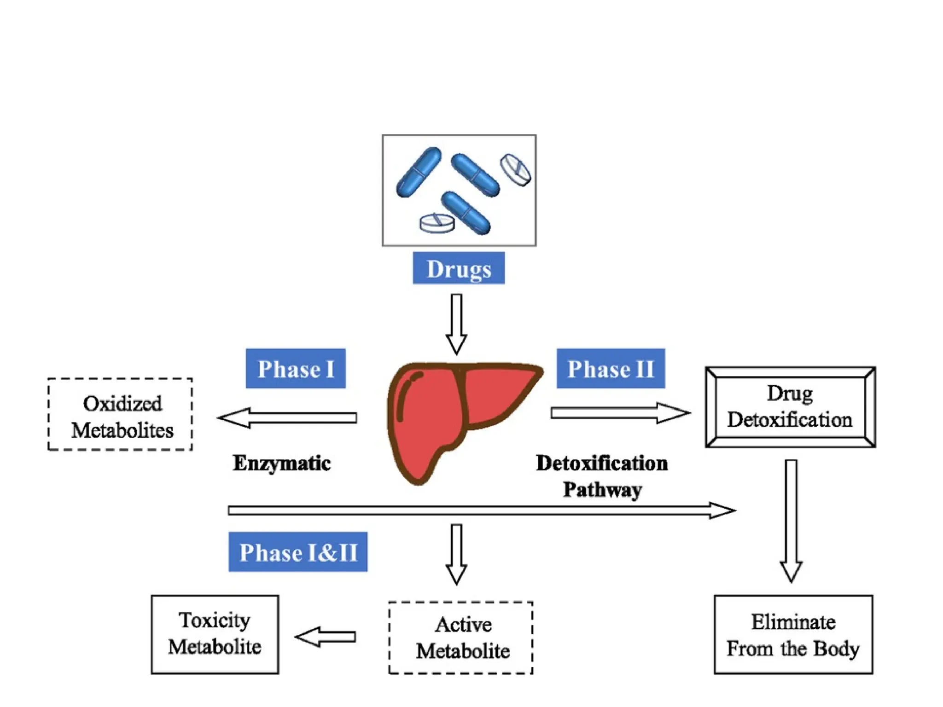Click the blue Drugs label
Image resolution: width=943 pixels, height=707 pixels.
pyautogui.click(x=458, y=268)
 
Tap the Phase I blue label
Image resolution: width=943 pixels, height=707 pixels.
pyautogui.click(x=295, y=369)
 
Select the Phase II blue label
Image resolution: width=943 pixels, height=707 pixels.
pyautogui.click(x=610, y=369)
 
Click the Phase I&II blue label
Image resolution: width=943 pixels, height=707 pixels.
pyautogui.click(x=298, y=552)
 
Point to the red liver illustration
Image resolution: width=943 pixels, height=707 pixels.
pyautogui.click(x=442, y=414)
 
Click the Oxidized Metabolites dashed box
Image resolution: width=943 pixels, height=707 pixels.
pyautogui.click(x=120, y=414)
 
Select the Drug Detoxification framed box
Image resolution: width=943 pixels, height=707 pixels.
pyautogui.click(x=790, y=407)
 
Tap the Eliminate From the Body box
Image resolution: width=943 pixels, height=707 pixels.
pyautogui.click(x=793, y=634)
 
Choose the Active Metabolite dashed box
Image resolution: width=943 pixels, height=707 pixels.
pyautogui.click(x=461, y=637)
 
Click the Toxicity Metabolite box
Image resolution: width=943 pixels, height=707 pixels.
pyautogui.click(x=215, y=634)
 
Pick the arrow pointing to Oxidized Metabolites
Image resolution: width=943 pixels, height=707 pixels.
pyautogui.click(x=288, y=418)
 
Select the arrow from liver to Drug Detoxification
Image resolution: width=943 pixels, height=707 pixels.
pyautogui.click(x=619, y=413)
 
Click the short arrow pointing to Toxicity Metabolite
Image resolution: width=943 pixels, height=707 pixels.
pyautogui.click(x=326, y=637)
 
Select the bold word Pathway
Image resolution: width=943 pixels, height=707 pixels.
pyautogui.click(x=602, y=490)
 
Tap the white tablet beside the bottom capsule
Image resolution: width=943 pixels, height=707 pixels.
pyautogui.click(x=437, y=223)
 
